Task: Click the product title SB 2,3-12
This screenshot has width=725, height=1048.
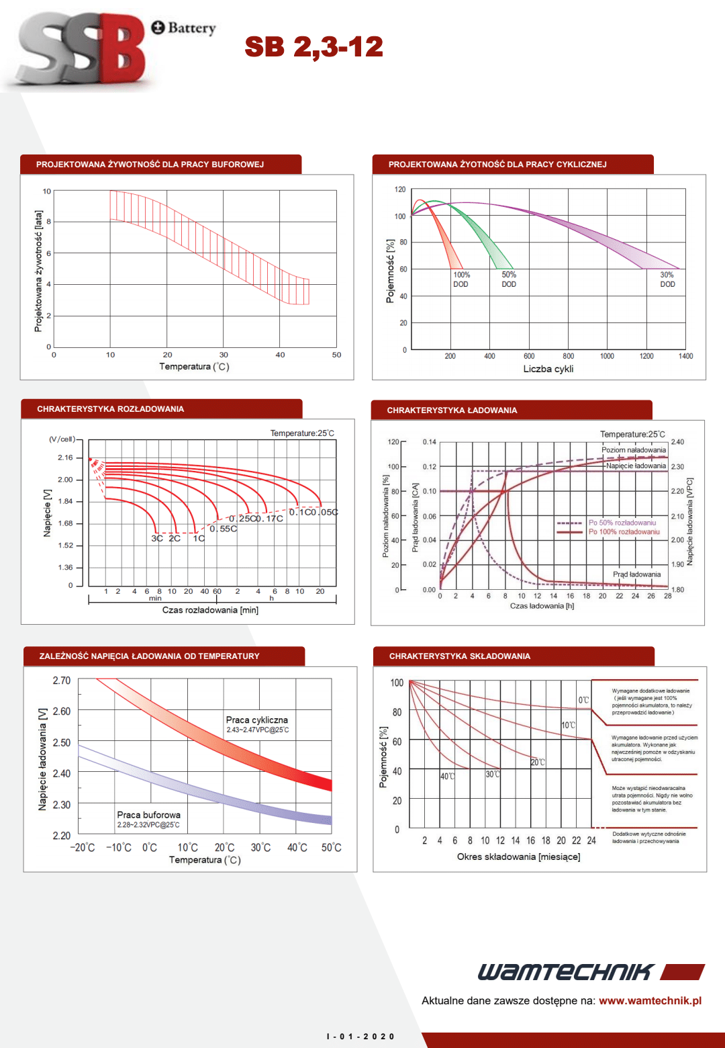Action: [313, 47]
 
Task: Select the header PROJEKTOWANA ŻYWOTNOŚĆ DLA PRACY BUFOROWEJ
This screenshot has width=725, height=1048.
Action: [150, 165]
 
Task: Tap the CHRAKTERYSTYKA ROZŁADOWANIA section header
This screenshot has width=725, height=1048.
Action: [110, 409]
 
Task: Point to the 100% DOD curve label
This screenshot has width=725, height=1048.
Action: [461, 279]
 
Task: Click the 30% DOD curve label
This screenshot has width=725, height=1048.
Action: [667, 279]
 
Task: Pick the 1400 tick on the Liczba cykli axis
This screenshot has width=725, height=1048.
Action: [685, 356]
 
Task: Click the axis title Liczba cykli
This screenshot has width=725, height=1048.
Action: [548, 369]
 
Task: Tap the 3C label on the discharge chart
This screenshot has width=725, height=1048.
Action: [157, 538]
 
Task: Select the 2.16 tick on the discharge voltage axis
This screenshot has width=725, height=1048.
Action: [65, 457]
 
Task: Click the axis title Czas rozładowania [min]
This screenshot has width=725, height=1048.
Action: [210, 610]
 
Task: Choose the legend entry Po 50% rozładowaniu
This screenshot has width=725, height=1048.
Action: [622, 523]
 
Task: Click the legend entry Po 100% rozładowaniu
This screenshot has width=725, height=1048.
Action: [624, 532]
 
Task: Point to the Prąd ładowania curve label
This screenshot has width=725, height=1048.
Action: [636, 574]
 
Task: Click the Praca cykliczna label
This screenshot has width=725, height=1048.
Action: [257, 719]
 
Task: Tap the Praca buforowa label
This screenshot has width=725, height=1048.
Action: [148, 815]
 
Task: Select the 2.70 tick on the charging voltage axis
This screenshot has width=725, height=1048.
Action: [62, 681]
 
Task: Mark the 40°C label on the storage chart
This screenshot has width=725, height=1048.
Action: [447, 776]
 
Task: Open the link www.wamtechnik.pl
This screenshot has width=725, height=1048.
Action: [650, 1000]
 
